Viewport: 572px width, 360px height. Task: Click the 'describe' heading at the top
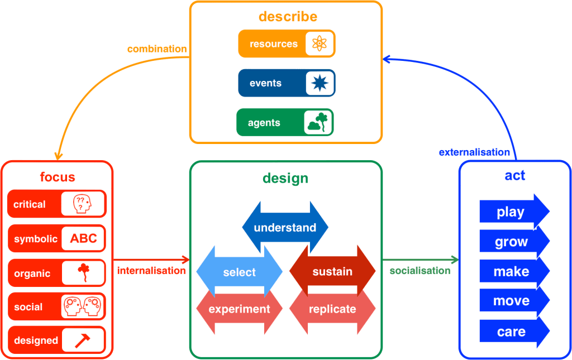[x=288, y=16]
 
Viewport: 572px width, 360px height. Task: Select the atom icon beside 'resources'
[x=320, y=44]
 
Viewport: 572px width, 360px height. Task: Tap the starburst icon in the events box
[x=320, y=83]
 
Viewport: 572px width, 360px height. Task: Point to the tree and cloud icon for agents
[x=318, y=122]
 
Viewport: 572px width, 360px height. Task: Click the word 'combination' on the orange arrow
[x=157, y=49]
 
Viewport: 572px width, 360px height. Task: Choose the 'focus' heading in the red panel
[x=58, y=177]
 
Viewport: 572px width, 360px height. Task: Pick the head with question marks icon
[x=83, y=204]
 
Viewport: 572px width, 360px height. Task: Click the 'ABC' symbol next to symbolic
[x=83, y=239]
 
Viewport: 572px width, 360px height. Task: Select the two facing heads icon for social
[x=83, y=306]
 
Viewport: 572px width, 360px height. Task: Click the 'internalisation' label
[x=151, y=271]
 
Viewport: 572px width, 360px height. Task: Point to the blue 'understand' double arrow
[x=285, y=228]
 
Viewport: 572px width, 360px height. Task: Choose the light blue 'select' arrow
[x=239, y=272]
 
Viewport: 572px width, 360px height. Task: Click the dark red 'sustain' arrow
[x=332, y=272]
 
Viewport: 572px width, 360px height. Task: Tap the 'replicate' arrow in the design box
[x=332, y=309]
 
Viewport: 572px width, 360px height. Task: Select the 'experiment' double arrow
[x=239, y=309]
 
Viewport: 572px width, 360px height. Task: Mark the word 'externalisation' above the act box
[x=474, y=152]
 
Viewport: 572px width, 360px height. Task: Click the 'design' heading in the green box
[x=285, y=179]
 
